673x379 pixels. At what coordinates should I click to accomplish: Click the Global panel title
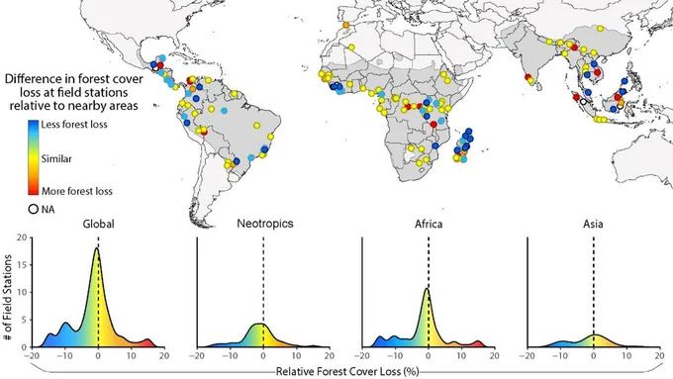98,224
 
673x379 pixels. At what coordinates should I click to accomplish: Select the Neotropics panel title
265,224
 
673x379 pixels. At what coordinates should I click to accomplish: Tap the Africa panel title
429,224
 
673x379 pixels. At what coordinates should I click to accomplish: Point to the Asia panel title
593,224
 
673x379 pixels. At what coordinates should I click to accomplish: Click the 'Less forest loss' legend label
74,125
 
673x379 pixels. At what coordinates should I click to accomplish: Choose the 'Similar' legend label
56,158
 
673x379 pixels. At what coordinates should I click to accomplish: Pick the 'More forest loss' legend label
77,191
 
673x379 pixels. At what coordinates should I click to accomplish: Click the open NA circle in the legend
33,210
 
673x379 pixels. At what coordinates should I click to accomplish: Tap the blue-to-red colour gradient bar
34,157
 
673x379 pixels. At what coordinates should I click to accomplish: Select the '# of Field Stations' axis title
9,298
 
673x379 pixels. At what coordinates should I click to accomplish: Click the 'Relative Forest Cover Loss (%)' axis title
347,371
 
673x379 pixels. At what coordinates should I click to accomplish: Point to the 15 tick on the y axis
22,265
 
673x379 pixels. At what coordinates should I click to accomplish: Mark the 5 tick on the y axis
24,320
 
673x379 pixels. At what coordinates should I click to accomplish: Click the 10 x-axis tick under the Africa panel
461,356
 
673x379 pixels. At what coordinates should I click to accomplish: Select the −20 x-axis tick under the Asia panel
528,356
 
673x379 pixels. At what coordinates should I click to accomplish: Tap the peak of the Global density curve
97,247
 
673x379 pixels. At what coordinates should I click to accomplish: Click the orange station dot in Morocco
346,25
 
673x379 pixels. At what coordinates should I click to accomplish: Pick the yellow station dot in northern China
600,29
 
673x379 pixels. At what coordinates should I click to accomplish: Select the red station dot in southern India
528,77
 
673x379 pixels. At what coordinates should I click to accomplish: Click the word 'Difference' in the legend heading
34,79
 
